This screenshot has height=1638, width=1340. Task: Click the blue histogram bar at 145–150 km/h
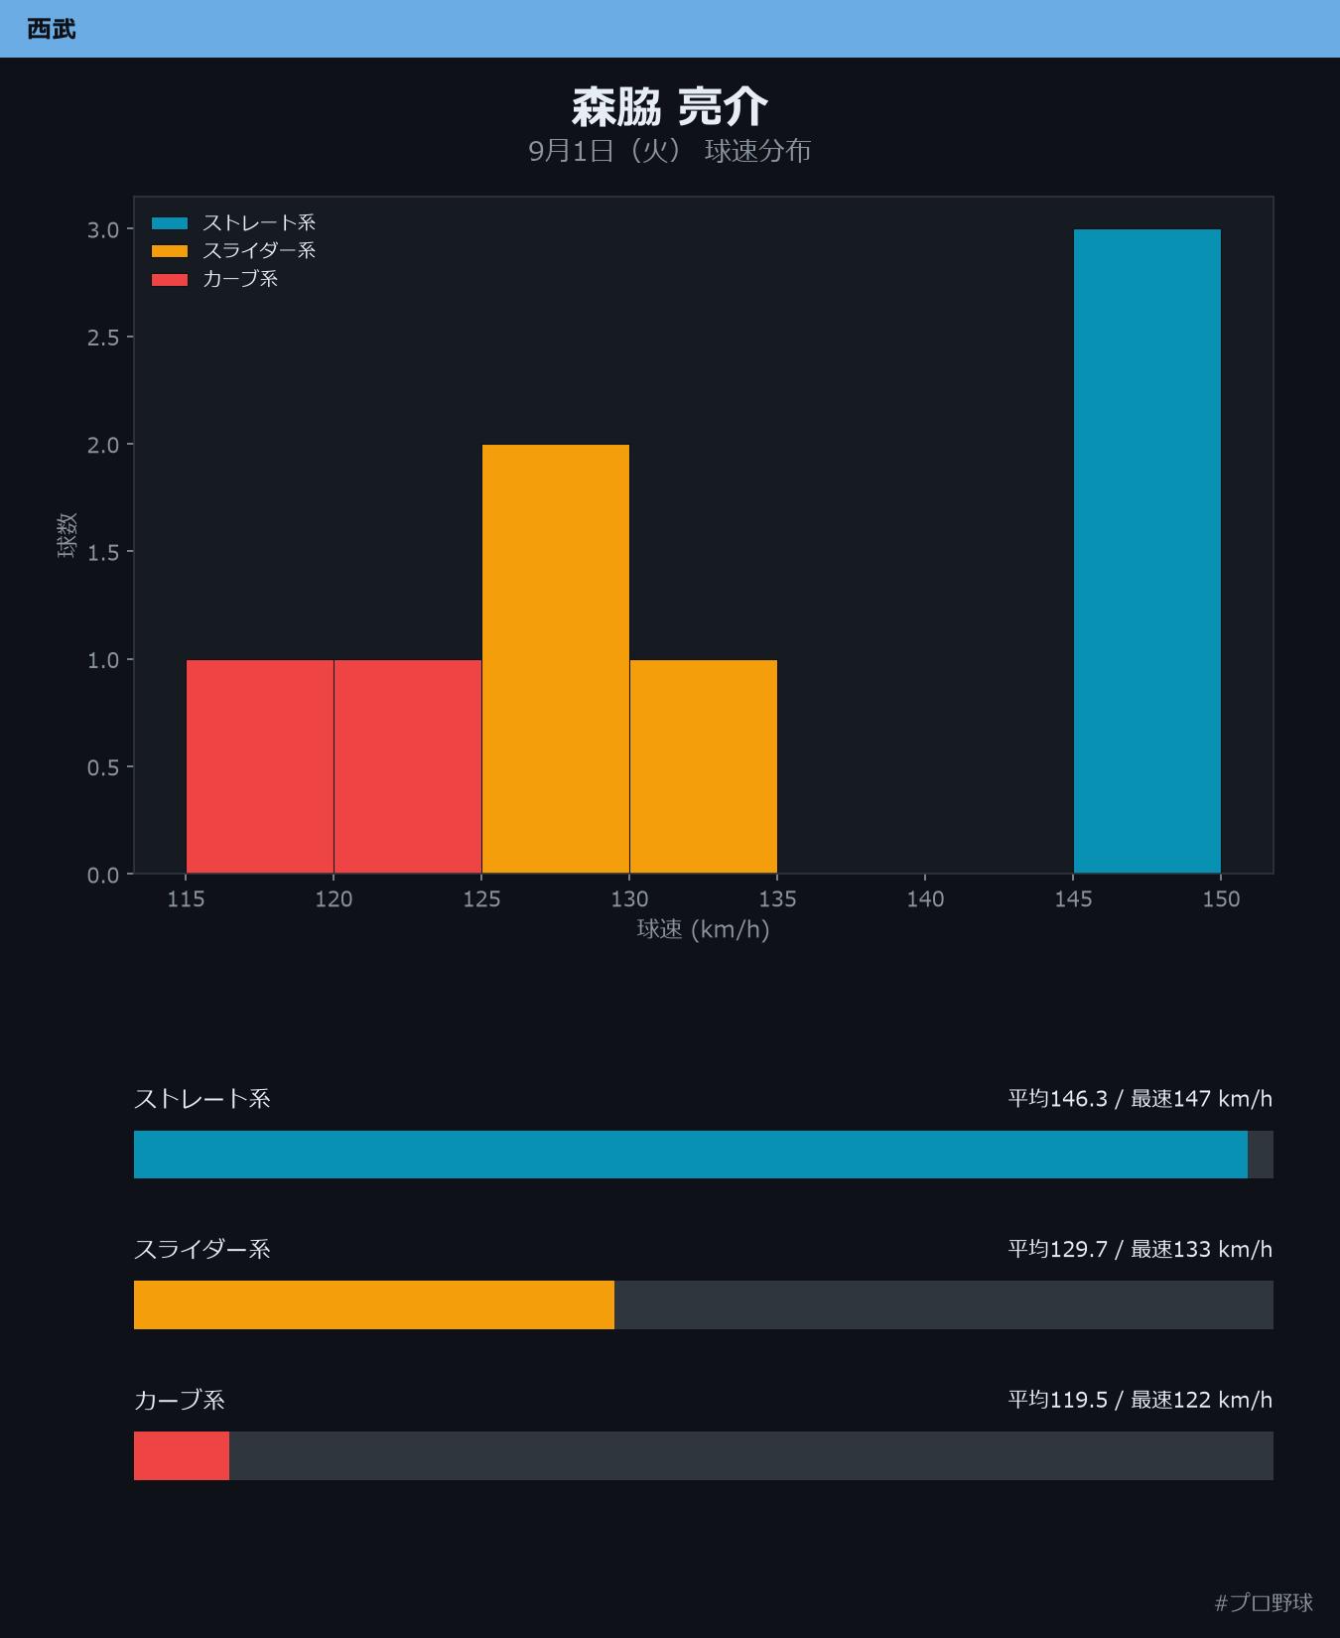point(1147,552)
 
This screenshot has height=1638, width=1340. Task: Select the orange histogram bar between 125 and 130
point(556,659)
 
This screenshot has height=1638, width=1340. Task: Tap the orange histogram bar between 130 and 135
point(704,767)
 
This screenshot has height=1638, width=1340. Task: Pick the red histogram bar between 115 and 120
point(260,767)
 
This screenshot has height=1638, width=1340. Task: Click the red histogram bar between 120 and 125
point(408,767)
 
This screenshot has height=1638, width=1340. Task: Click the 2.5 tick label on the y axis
point(103,338)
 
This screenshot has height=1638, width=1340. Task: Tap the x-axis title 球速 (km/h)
point(704,929)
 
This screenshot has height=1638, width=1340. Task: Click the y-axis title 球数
point(67,536)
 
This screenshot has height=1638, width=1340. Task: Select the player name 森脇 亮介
point(670,107)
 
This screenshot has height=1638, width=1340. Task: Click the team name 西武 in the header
point(52,29)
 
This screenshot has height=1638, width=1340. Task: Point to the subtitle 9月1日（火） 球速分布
point(670,151)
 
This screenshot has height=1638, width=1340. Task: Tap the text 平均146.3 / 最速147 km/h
point(1140,1099)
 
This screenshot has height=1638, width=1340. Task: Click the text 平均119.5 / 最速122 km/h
point(1140,1400)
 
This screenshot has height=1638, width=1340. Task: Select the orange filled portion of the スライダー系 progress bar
point(374,1304)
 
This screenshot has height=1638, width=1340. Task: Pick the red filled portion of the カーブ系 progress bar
point(182,1455)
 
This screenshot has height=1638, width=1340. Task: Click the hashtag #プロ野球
point(1264,1602)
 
